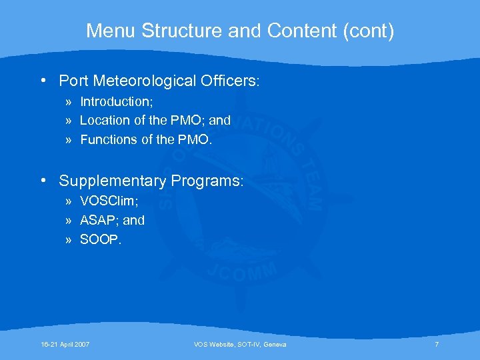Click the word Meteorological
pos(151,81)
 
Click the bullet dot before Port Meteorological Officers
pos(42,81)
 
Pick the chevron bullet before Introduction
pos(69,102)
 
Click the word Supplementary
pos(112,181)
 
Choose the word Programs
pos(207,181)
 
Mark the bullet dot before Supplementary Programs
pos(42,181)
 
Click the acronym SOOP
pos(100,239)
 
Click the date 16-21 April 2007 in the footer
pos(65,344)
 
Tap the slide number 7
pos(437,344)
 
